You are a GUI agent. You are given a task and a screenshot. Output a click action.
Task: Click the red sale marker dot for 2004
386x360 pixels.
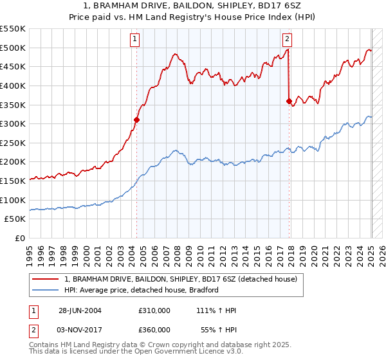(x=136, y=119)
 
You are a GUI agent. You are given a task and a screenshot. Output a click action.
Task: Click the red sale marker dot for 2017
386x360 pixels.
(x=289, y=100)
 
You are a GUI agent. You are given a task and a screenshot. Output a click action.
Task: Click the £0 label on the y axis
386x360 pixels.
(x=21, y=238)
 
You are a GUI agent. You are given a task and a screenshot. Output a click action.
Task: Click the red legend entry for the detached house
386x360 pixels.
(x=180, y=280)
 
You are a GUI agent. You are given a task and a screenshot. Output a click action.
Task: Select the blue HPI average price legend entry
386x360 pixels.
(x=142, y=290)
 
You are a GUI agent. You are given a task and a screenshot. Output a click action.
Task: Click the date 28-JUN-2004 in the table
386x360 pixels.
(x=80, y=310)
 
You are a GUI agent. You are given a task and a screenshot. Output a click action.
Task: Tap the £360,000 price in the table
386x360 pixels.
(x=154, y=329)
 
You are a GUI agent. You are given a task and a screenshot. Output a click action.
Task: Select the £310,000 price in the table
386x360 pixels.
(x=154, y=310)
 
